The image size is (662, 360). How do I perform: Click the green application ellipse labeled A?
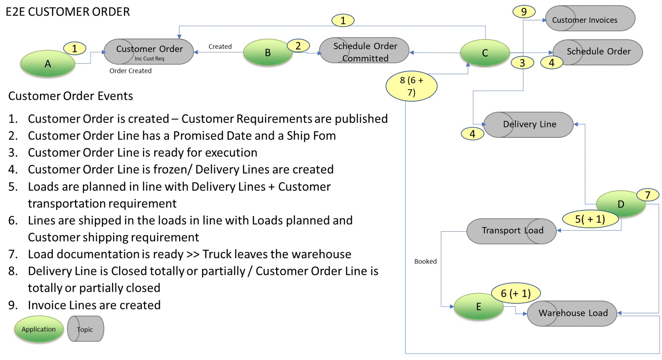tap(48, 64)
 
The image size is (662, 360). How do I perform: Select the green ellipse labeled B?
tap(268, 52)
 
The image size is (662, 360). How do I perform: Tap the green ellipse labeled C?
tap(485, 53)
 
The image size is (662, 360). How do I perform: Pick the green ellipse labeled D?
tap(621, 204)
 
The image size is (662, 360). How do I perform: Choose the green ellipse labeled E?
tap(478, 307)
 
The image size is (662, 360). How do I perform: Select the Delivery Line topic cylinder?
tap(528, 125)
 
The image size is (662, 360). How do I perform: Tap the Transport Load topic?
tap(512, 231)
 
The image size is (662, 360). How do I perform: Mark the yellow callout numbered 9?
tap(524, 12)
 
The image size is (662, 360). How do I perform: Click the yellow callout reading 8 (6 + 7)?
tap(411, 86)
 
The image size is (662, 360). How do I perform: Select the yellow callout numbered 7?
tap(647, 195)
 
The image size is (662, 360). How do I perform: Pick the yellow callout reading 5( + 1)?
tap(590, 219)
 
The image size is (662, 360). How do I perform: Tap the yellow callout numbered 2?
tap(298, 46)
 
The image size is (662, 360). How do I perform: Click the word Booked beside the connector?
tap(425, 261)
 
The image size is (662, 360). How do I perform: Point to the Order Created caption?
tap(130, 71)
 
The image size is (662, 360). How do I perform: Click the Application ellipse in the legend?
tap(39, 329)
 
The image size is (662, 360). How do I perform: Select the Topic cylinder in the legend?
tap(85, 329)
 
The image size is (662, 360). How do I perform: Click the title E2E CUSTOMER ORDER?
tap(68, 12)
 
